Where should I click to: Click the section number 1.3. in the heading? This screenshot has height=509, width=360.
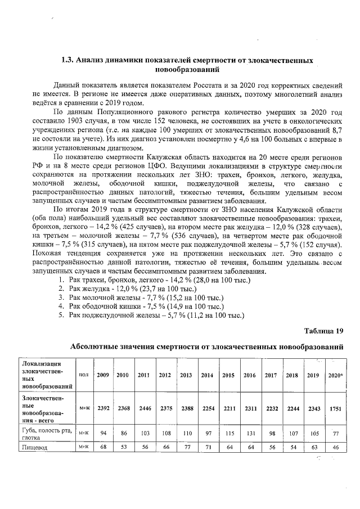(x=67, y=60)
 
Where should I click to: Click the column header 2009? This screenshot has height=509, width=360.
(x=103, y=375)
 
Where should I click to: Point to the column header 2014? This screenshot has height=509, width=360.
(x=207, y=375)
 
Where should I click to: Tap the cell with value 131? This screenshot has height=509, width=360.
(x=249, y=434)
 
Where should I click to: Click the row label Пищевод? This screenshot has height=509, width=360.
(x=33, y=447)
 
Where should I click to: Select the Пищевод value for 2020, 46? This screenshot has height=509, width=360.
(x=335, y=447)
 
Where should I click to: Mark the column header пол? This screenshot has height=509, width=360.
(x=83, y=375)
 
